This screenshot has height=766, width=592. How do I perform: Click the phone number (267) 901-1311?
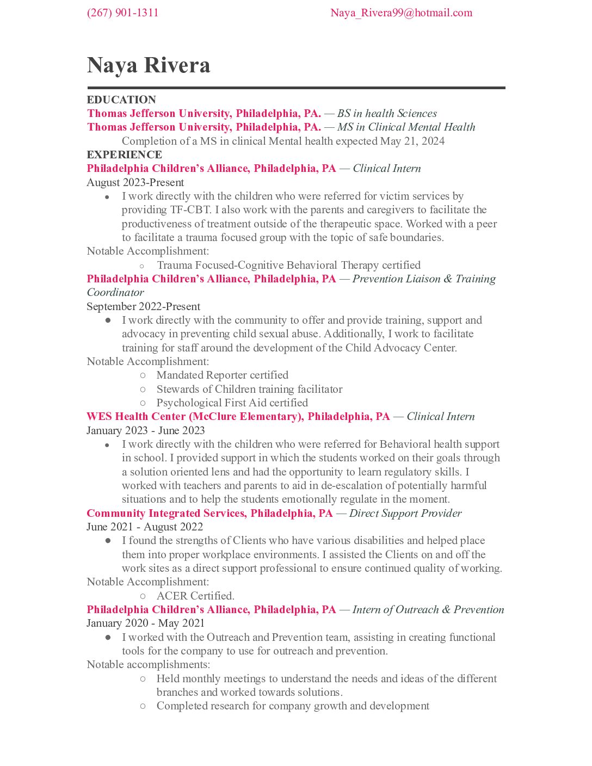point(122,13)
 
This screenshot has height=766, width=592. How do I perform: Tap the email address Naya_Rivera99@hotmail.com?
point(401,13)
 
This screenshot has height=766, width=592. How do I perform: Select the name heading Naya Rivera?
point(149,65)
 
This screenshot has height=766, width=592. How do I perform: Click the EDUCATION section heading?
point(121,100)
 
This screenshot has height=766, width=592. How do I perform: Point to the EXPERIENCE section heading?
point(124,155)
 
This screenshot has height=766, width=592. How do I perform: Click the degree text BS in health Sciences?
point(387,113)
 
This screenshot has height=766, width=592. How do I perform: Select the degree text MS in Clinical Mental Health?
point(406,127)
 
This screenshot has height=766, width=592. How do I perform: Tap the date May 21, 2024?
point(412,141)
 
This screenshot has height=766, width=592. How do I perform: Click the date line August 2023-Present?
point(135,182)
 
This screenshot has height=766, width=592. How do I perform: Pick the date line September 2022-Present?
point(143,306)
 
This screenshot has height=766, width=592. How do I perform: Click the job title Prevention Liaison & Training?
point(424,279)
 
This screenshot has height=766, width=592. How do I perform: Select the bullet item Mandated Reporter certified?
point(222,375)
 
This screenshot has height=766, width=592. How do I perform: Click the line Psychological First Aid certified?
point(232,403)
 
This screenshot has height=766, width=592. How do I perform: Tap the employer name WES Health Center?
point(136,416)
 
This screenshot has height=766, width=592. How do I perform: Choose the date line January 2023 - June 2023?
point(145,430)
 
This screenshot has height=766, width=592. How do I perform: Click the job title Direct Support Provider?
point(405,513)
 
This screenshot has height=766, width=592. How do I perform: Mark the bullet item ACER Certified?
point(195,596)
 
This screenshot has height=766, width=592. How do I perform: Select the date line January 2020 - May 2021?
point(145,623)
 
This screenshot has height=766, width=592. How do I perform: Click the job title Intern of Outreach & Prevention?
point(428,609)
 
